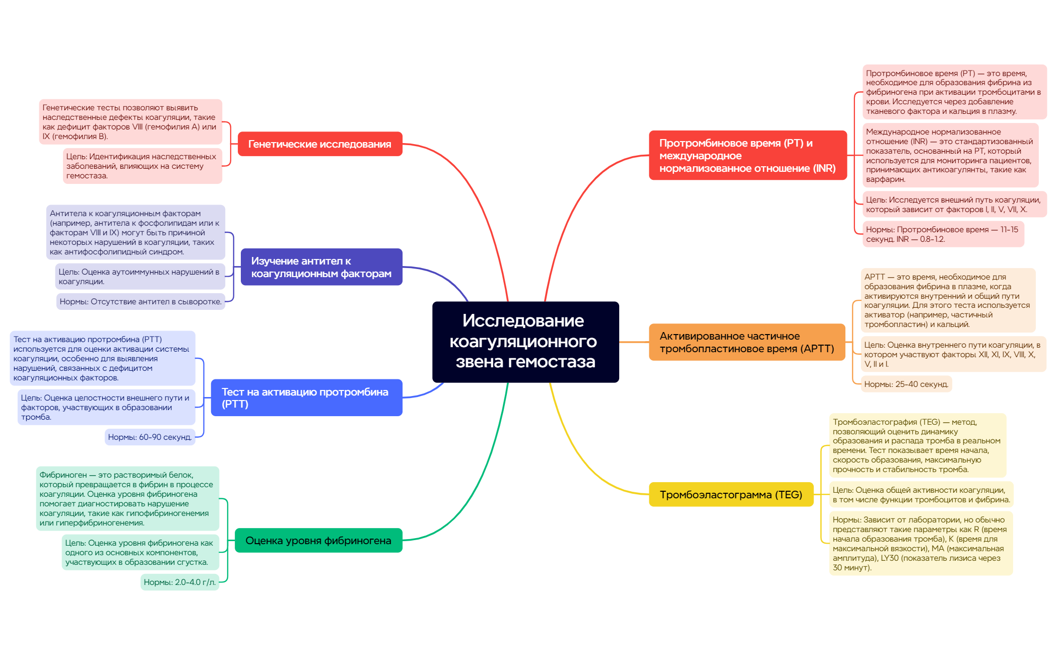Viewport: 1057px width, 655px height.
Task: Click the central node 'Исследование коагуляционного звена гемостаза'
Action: [x=525, y=342]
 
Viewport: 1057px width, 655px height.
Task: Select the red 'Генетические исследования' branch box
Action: [x=320, y=144]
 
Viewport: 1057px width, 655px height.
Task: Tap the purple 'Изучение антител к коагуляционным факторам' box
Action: [x=321, y=267]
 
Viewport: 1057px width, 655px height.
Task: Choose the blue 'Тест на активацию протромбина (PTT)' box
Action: [x=306, y=398]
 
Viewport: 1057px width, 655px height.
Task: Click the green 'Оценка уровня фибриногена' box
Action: [x=318, y=541]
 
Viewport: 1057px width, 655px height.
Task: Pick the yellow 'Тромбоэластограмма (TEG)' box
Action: [x=731, y=495]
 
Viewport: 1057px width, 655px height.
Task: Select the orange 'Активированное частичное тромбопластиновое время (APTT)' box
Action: [x=747, y=342]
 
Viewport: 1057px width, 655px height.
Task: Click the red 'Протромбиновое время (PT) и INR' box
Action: [x=747, y=155]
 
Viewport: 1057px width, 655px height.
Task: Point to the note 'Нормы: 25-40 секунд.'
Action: [x=906, y=384]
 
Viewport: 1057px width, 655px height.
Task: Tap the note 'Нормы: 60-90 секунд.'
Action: [x=150, y=437]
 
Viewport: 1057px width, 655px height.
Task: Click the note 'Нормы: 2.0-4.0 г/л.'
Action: [x=179, y=582]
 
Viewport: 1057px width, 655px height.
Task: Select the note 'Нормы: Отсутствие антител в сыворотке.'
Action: [x=141, y=301]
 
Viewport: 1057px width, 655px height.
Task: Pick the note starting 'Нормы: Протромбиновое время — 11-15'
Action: [x=943, y=234]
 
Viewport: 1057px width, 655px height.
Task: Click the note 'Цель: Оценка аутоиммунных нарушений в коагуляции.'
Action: [x=140, y=277]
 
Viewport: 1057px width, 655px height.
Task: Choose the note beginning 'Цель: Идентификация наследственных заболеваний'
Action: [x=142, y=166]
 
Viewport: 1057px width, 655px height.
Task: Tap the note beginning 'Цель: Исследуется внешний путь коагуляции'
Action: [x=954, y=205]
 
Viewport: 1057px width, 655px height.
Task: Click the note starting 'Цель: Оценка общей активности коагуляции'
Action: [x=921, y=495]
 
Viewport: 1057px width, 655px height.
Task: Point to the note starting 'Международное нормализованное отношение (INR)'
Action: [x=950, y=155]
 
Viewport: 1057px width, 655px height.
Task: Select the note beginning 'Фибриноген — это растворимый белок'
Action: [x=127, y=499]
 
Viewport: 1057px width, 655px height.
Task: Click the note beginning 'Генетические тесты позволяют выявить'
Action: [x=130, y=122]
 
